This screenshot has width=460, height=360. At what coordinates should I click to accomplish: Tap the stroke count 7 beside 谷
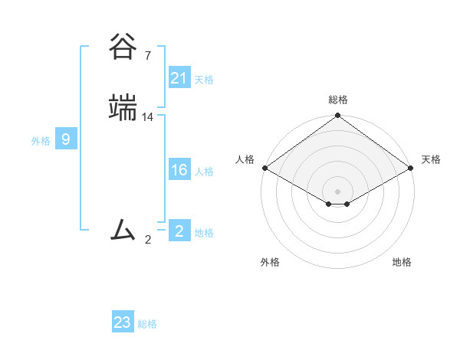point(148,56)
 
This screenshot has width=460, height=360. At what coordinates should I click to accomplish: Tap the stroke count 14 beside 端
point(148,117)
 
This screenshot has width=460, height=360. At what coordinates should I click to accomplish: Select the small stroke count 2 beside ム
point(148,240)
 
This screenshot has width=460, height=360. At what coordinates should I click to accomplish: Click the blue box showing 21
point(179,78)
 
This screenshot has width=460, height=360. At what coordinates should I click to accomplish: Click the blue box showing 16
point(179,170)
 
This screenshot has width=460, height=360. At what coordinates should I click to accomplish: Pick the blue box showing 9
point(66,139)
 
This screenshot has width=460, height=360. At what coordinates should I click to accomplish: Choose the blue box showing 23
point(123,322)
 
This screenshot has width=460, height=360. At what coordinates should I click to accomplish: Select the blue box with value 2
point(179,231)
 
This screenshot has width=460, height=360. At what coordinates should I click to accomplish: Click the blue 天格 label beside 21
point(204,80)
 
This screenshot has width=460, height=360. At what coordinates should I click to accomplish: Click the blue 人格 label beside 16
point(204,172)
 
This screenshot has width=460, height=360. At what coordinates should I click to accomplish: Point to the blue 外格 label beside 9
point(41,141)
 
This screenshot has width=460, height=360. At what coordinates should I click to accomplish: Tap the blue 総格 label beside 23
point(147,324)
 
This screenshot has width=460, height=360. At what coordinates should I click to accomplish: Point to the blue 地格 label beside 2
point(204,233)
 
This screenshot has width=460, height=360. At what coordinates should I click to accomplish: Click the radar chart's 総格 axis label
point(338,100)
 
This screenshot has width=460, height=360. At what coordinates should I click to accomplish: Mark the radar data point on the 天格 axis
point(412,168)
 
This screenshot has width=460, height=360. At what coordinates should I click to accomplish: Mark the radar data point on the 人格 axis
point(264,168)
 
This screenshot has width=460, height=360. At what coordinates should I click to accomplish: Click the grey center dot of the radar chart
point(338,191)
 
